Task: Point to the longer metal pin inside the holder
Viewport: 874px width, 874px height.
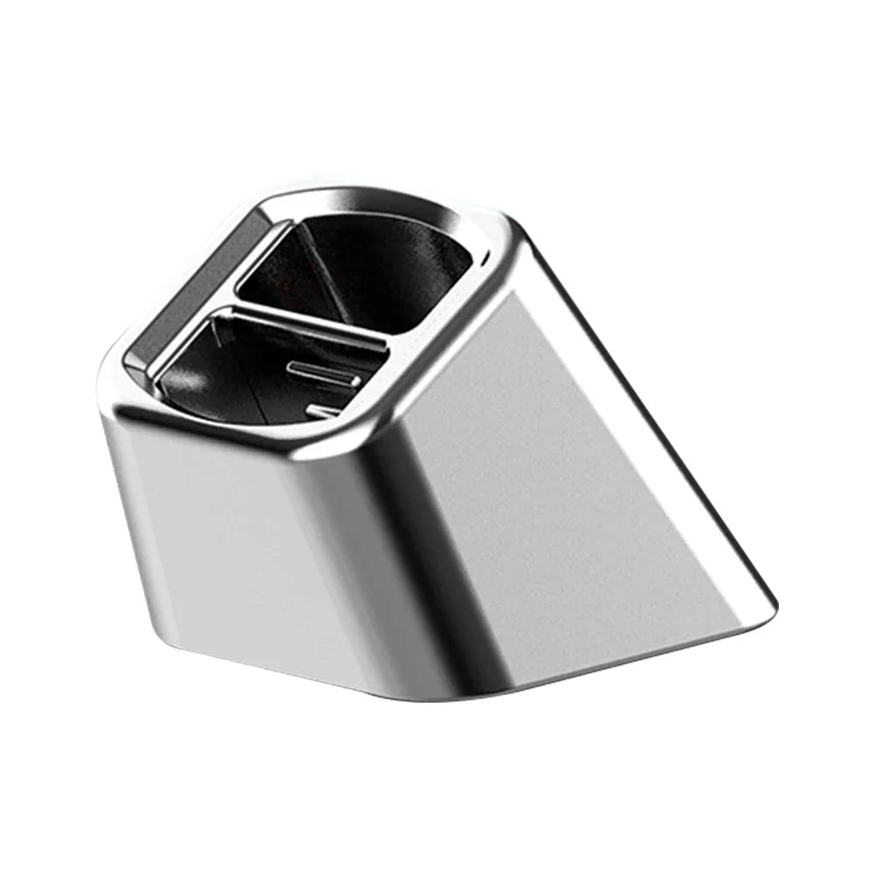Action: coord(323,375)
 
